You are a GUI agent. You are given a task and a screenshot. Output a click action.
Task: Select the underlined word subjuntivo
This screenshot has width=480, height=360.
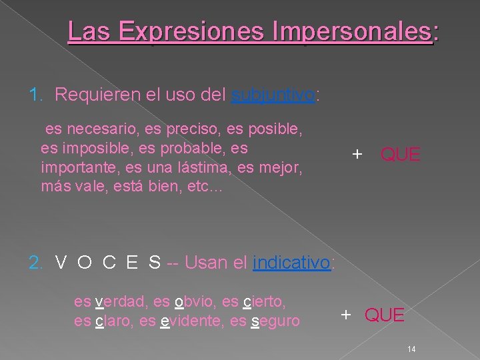(x=273, y=95)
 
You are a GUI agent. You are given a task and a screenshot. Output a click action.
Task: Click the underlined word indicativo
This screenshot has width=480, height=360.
(x=292, y=263)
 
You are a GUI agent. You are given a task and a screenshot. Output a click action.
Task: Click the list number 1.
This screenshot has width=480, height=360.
(x=35, y=95)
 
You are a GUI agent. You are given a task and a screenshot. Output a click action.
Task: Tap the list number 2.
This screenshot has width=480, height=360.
(x=35, y=263)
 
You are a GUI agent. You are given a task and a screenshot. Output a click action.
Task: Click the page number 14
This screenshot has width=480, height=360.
(x=411, y=349)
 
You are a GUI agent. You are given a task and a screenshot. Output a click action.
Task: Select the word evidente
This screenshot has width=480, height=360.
(x=188, y=321)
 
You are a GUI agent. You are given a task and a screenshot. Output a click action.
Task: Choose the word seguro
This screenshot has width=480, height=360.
(x=275, y=321)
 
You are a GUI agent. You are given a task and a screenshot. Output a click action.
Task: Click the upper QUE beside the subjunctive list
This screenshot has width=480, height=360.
(x=400, y=155)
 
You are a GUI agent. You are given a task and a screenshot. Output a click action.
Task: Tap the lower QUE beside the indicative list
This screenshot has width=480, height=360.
(x=384, y=315)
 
